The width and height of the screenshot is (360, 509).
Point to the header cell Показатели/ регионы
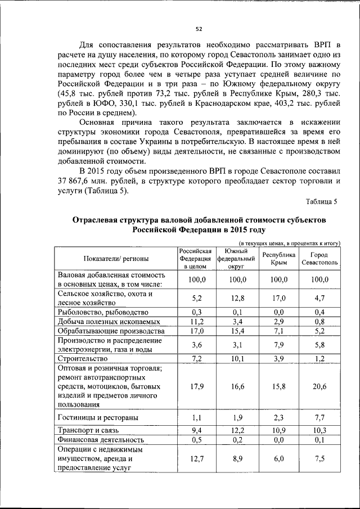tap(116, 259)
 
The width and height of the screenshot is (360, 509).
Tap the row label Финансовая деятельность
tap(101, 439)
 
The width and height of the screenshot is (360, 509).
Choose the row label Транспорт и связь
tap(91, 429)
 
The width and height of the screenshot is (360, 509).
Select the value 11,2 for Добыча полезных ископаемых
tap(195, 322)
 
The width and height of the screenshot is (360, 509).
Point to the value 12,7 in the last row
tap(195, 459)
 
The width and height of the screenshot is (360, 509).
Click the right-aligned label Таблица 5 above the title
tap(321, 201)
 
